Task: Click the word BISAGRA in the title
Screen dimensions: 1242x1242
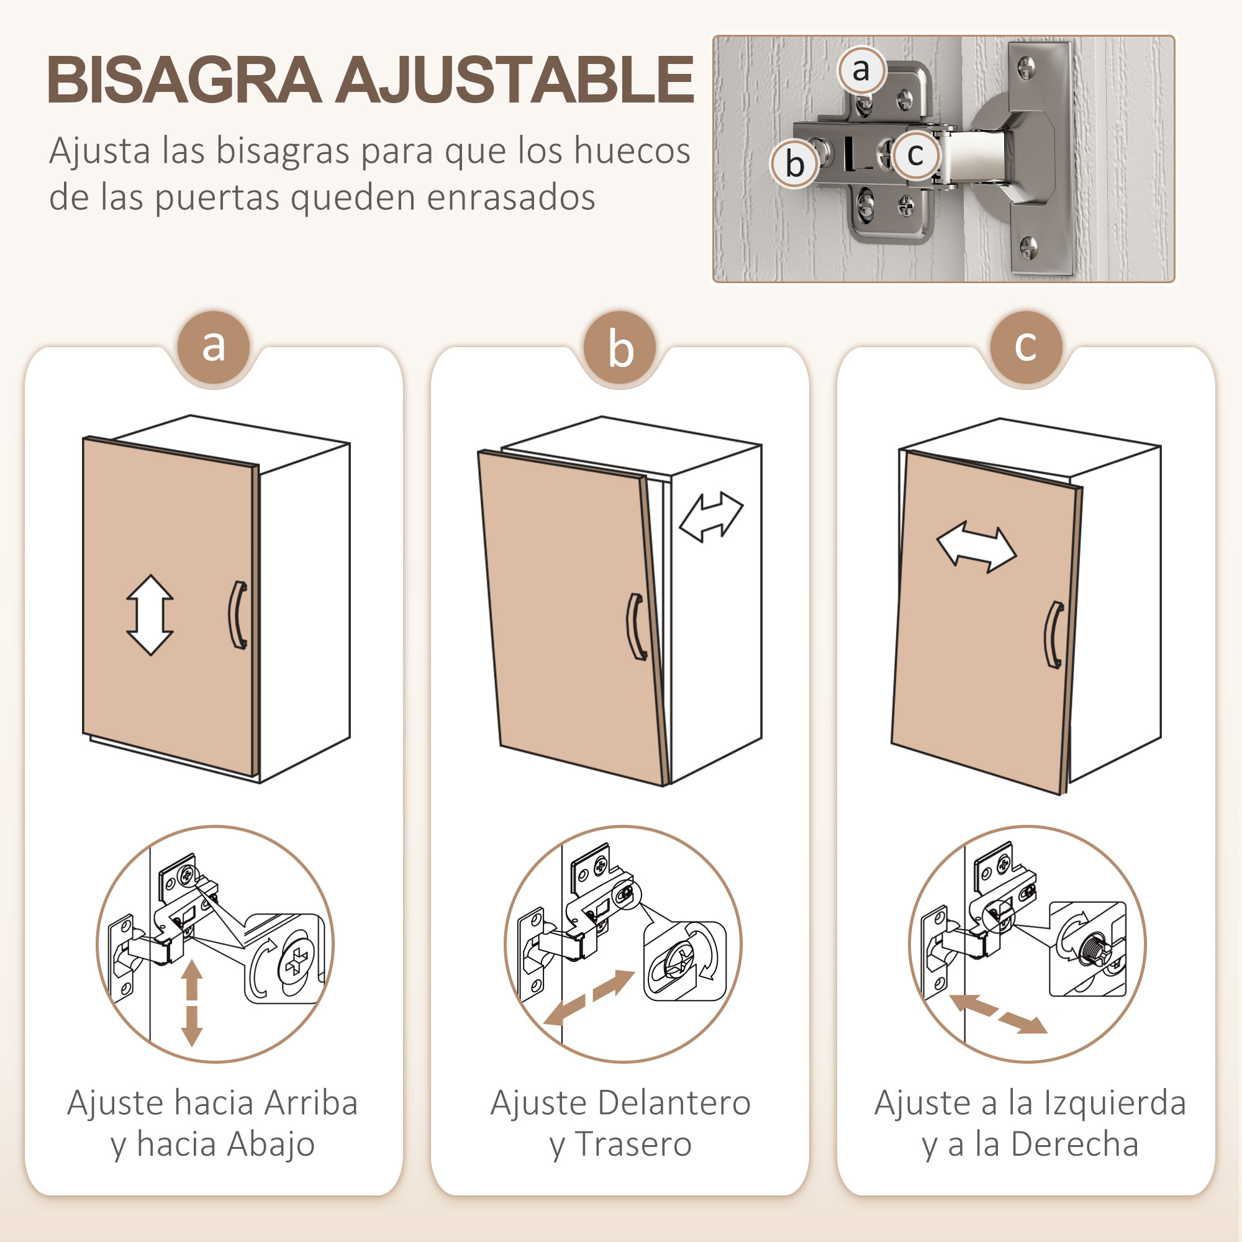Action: coord(184,79)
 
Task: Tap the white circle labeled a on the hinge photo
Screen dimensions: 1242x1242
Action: coord(861,70)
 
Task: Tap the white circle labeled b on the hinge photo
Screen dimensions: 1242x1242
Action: coord(795,164)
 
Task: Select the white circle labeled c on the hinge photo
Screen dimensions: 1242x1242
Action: coord(915,154)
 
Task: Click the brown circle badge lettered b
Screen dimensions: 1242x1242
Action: coord(620,348)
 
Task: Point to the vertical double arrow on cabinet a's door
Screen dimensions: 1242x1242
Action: coord(150,615)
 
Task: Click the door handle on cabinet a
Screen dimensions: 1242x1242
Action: coord(238,615)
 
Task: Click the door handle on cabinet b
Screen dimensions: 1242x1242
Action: coord(637,627)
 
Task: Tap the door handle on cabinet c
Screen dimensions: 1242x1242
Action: coord(1053,635)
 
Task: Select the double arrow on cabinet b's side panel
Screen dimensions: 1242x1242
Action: coord(711,517)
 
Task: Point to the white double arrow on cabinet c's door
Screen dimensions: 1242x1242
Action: coord(976,547)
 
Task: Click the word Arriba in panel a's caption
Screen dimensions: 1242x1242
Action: coord(310,1103)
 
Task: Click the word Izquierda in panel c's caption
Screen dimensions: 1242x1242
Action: coord(1114,1103)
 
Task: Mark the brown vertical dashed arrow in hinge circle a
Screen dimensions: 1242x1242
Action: coord(191,1003)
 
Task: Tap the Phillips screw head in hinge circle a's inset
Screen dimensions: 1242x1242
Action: coord(297,963)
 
